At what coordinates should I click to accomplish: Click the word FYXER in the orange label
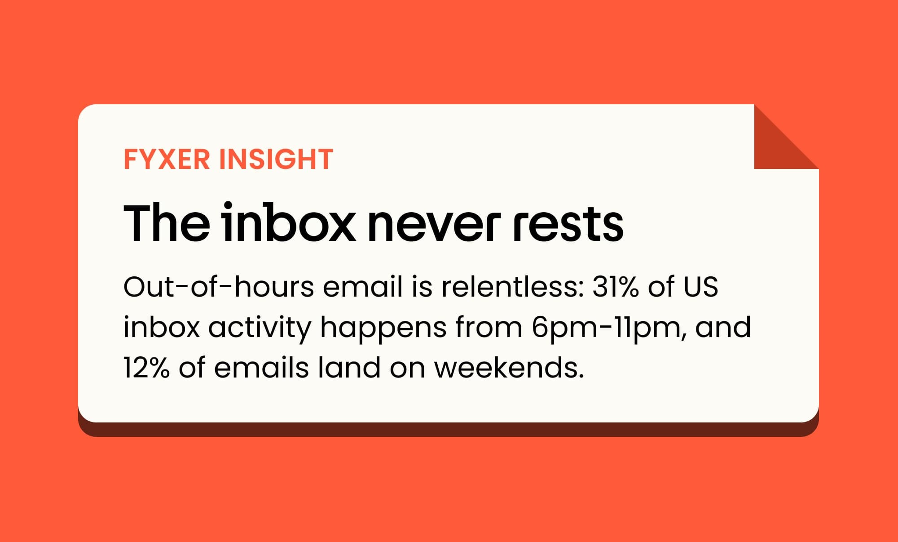pos(167,159)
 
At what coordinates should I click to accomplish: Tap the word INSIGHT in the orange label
pos(276,159)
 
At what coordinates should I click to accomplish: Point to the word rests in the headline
pos(568,225)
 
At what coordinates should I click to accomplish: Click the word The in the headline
pos(167,223)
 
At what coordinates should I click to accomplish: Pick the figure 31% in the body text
pos(615,287)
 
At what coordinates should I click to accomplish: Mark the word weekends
pos(509,368)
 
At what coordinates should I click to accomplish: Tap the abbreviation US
pos(701,287)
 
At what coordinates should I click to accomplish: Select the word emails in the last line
pos(261,368)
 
